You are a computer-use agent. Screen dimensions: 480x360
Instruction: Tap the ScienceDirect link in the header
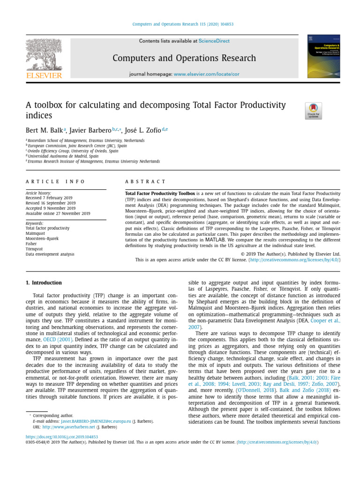[x=214, y=41]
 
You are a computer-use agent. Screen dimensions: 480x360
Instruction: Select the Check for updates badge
[x=313, y=111]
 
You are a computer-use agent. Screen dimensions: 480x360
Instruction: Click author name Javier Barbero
[x=90, y=130]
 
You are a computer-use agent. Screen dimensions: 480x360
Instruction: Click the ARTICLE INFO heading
[x=55, y=181]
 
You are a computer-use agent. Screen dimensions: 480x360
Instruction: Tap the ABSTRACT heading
[x=145, y=181]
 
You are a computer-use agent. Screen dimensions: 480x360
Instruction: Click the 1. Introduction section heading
[x=43, y=283]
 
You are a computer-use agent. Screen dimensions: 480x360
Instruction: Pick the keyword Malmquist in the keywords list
[x=36, y=233]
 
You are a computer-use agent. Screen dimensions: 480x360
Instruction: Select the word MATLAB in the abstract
[x=216, y=239]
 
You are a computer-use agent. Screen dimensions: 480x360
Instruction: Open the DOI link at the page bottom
[x=61, y=436]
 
